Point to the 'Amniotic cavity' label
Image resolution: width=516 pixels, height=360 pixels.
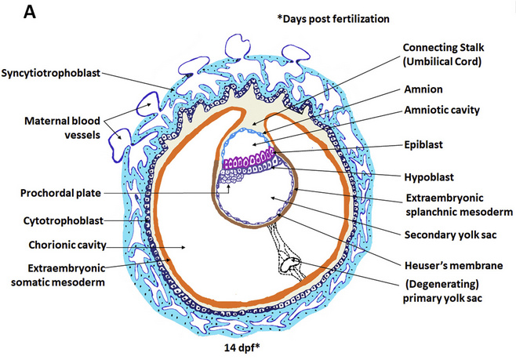tap(442, 111)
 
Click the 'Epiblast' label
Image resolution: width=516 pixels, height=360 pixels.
tap(424, 147)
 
